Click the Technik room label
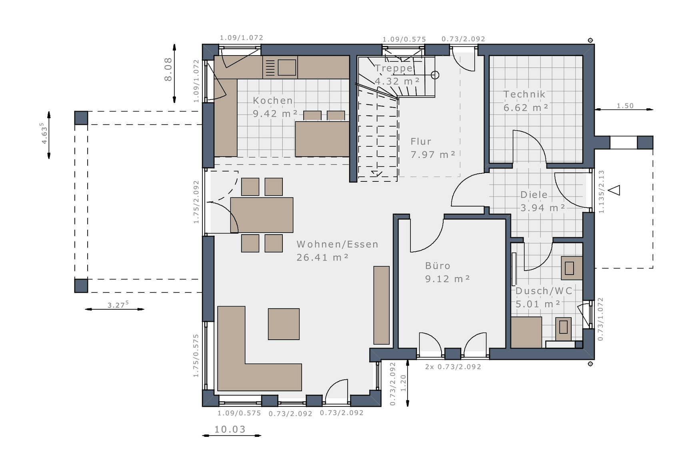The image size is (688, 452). click(x=524, y=94)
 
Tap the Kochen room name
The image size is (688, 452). click(x=273, y=101)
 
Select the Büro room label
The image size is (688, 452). click(x=438, y=266)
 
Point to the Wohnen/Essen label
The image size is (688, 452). click(x=337, y=244)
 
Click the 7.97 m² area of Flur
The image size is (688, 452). click(x=433, y=155)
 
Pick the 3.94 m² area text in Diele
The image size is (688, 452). click(x=542, y=208)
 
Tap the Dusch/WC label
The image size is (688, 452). click(x=544, y=291)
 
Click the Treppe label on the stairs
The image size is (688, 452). click(x=394, y=68)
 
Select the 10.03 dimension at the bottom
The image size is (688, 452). click(x=230, y=429)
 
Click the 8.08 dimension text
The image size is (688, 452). click(x=168, y=69)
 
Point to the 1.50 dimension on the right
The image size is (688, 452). click(x=625, y=106)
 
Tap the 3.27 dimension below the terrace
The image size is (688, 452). click(x=118, y=305)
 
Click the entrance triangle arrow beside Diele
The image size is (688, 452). click(x=614, y=190)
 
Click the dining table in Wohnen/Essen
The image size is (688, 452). click(x=262, y=215)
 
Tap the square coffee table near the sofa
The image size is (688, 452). click(x=284, y=324)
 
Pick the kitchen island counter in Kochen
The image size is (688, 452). click(x=322, y=139)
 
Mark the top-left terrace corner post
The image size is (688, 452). click(x=81, y=118)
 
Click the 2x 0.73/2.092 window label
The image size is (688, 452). click(x=453, y=366)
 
